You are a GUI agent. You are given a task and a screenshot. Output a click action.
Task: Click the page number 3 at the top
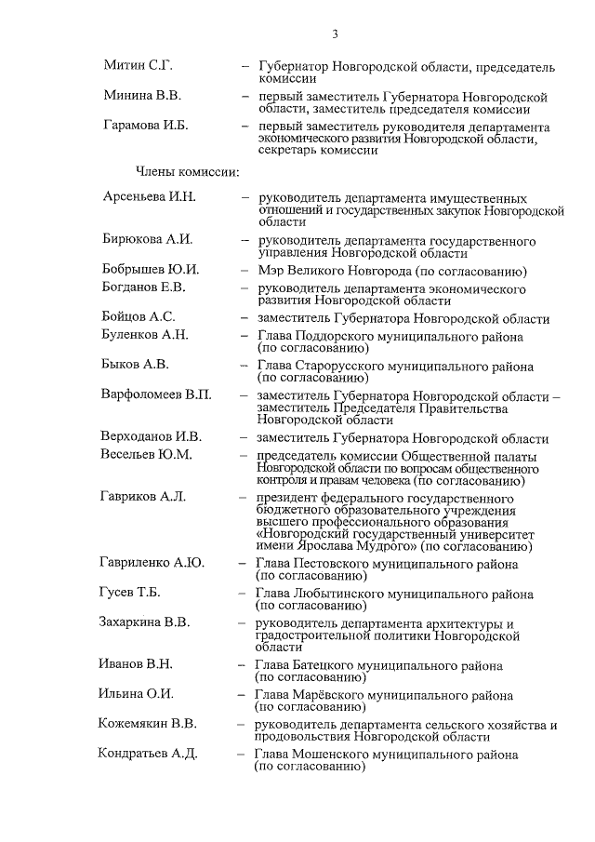[334, 34]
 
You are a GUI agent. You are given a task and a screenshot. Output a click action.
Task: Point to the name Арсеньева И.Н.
[149, 197]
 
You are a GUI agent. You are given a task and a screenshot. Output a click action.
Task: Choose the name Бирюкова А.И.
[147, 239]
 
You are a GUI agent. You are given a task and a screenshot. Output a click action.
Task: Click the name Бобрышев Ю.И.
[150, 270]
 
